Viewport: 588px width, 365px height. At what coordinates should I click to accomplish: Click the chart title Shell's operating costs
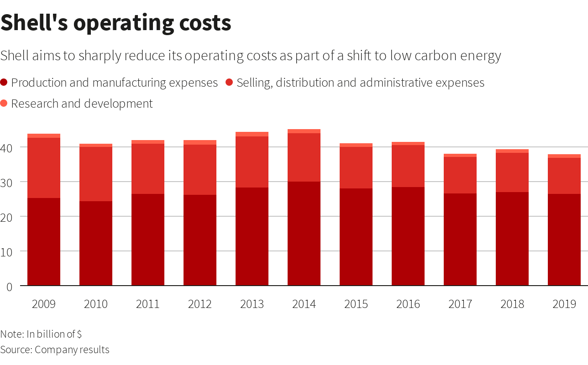pos(116,23)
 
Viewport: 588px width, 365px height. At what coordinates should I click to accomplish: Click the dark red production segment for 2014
pos(304,234)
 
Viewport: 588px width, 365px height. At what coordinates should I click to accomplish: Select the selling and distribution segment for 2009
pos(44,167)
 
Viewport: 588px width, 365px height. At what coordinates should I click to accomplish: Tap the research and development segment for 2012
pos(200,142)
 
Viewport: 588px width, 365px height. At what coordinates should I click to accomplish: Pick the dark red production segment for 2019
pos(564,240)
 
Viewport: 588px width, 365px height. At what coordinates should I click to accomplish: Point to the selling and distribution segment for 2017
pos(460,175)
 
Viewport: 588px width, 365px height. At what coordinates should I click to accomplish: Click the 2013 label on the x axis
pos(252,304)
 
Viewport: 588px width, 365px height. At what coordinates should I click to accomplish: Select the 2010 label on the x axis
pos(96,304)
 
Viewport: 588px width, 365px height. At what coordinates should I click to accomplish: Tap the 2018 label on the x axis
pos(512,304)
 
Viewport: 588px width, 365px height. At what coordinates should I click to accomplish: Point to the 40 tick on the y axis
pos(9,148)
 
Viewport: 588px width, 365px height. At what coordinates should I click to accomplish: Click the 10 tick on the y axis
pos(9,251)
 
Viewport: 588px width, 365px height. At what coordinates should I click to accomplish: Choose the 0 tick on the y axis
pos(9,287)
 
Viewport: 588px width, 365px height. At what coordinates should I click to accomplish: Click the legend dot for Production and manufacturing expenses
pos(4,83)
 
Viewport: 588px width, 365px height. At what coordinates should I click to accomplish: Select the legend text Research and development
pos(82,104)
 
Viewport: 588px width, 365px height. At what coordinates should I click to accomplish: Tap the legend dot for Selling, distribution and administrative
pos(229,83)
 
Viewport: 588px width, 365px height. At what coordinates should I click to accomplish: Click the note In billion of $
pos(41,334)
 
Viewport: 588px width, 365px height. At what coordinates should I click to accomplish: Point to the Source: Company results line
pos(55,350)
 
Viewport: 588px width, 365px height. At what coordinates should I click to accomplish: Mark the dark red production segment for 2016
pos(408,236)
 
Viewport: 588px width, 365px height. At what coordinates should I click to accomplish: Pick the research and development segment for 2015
pos(356,145)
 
